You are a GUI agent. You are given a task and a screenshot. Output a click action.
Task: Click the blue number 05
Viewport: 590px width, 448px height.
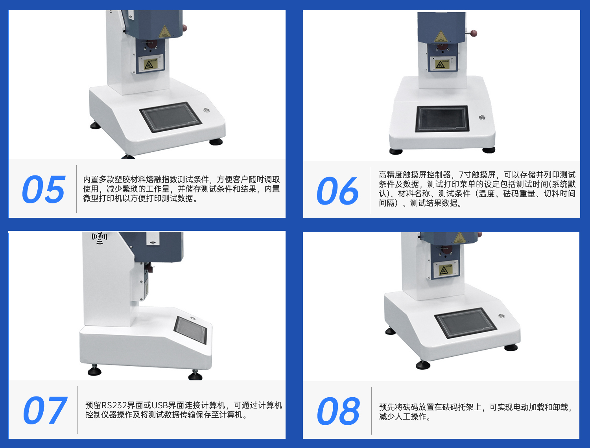[43, 190]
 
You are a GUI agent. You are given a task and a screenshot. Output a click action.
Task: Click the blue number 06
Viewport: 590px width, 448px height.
[337, 191]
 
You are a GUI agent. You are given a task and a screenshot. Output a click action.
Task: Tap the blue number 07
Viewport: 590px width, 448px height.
[44, 411]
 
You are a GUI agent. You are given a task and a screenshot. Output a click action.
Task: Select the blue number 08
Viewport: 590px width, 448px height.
[338, 411]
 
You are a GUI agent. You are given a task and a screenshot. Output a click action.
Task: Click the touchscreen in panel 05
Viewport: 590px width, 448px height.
[171, 117]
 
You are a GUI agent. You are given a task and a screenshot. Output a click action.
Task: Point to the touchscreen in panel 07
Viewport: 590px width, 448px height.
[191, 330]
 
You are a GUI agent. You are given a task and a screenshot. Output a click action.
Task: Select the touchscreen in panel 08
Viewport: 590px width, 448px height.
[465, 323]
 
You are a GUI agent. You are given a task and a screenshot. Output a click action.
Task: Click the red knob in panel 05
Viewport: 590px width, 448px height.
[184, 27]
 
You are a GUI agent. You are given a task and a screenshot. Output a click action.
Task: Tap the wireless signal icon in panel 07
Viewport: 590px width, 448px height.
[100, 237]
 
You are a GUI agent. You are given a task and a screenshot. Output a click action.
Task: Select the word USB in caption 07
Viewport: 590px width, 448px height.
[160, 405]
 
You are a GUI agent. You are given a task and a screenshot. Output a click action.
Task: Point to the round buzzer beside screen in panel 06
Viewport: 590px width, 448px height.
[482, 118]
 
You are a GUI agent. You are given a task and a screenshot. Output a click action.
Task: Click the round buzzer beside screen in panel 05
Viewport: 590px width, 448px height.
[206, 111]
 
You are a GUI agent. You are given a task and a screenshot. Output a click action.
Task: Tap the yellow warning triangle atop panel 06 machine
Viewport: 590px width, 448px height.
[441, 37]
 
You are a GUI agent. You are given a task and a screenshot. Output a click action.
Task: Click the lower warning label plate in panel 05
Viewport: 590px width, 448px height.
[151, 64]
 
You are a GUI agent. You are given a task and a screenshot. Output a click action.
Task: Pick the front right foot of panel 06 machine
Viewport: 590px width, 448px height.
[489, 150]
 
